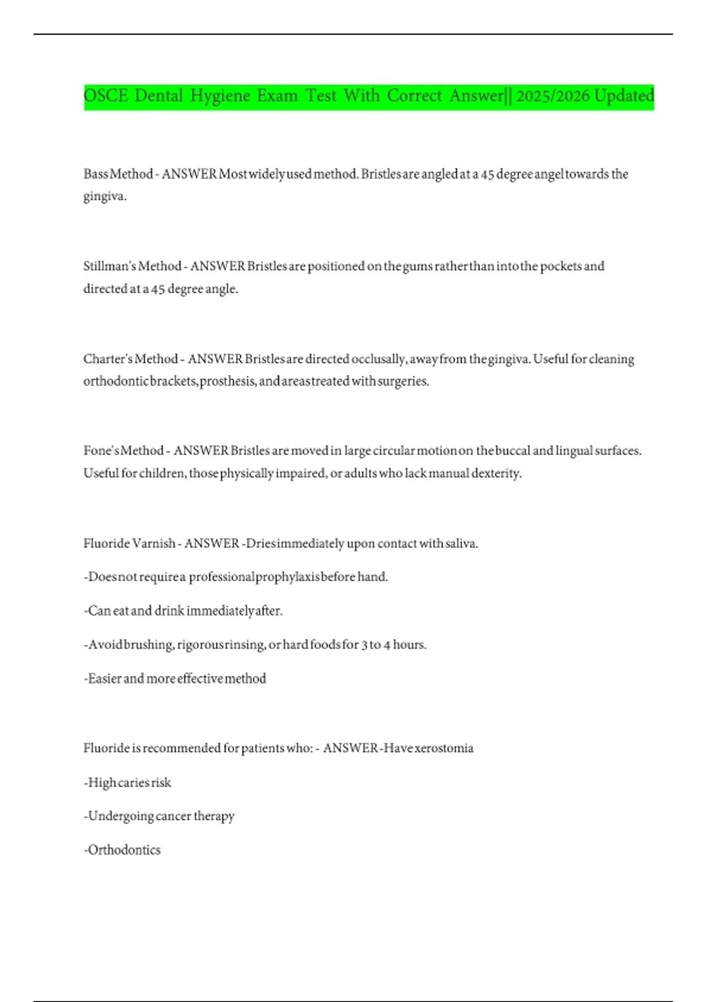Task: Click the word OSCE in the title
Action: coord(105,95)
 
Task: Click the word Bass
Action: coord(95,174)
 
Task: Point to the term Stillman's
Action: coord(109,266)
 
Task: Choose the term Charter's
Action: coord(106,358)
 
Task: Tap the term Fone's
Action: coord(101,450)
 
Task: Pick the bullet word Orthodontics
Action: coord(124,850)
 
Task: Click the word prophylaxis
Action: coord(288,576)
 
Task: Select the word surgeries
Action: coord(403,381)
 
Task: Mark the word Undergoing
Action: coord(120,816)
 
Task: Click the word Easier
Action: coord(104,678)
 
